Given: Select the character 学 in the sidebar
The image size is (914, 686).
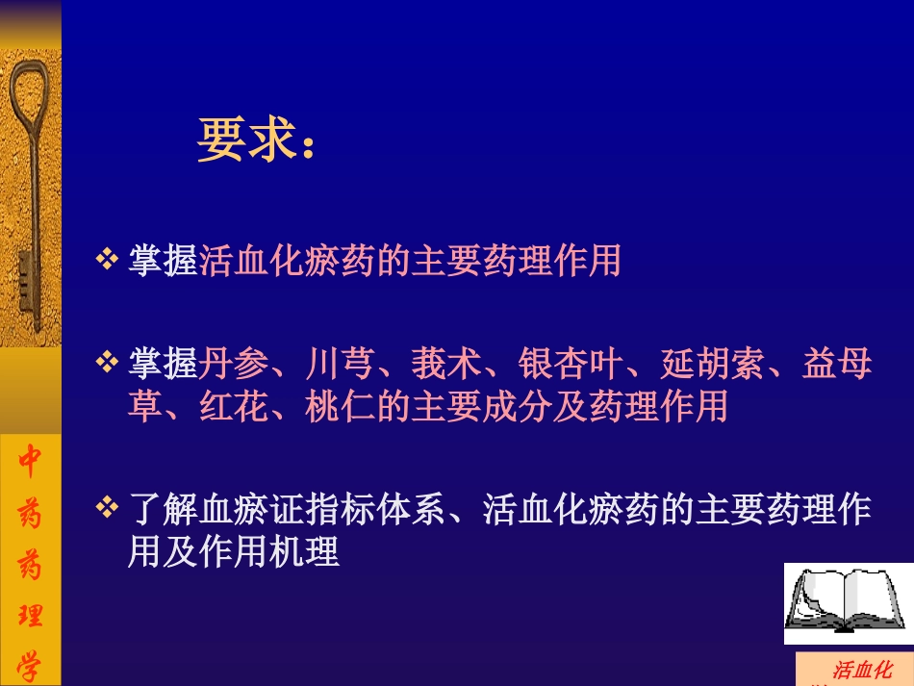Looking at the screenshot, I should point(30,664).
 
